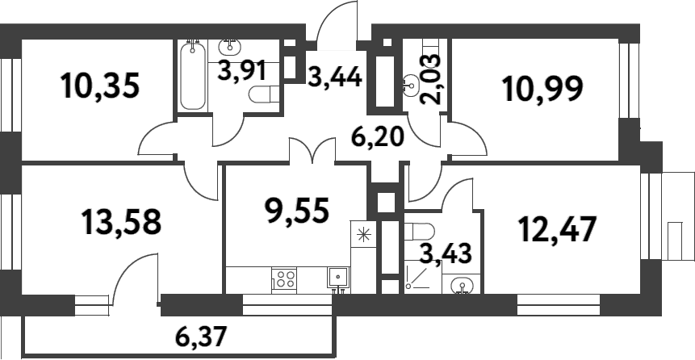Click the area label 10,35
tap(101, 86)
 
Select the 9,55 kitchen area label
tap(297, 211)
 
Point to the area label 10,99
tap(542, 87)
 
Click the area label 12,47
tap(557, 229)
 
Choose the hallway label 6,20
tap(378, 135)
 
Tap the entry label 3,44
tap(334, 77)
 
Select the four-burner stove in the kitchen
tap(285, 279)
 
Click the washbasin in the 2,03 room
tap(412, 82)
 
